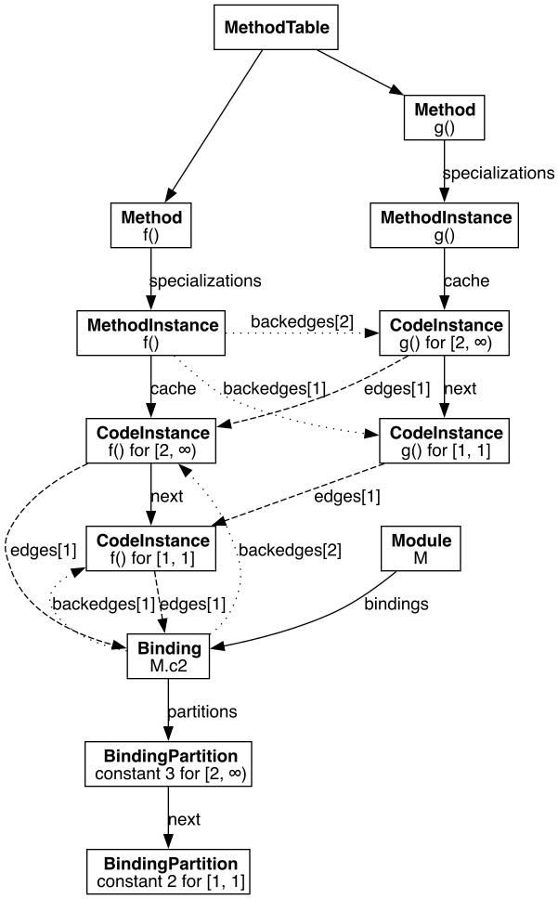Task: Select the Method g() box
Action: tap(445, 119)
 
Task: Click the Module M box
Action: tap(422, 550)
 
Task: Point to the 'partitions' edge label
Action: tap(202, 711)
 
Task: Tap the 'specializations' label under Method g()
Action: tap(498, 173)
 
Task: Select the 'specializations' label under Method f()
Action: tap(205, 280)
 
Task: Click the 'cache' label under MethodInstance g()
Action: tap(466, 280)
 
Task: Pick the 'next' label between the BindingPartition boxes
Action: tap(184, 818)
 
